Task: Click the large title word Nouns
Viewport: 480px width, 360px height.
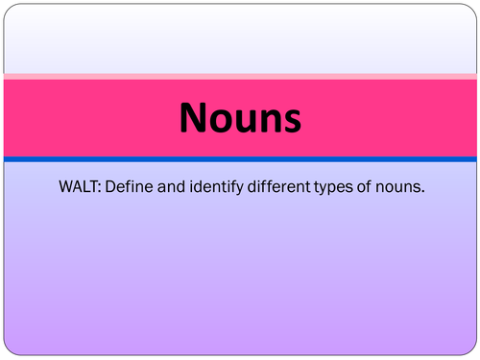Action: pyautogui.click(x=240, y=119)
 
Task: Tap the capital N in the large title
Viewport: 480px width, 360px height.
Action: pyautogui.click(x=194, y=119)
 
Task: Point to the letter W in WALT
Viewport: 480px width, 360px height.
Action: pyautogui.click(x=65, y=187)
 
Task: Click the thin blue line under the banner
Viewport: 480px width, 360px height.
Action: pyautogui.click(x=240, y=158)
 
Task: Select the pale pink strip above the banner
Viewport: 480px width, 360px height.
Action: pyautogui.click(x=240, y=75)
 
